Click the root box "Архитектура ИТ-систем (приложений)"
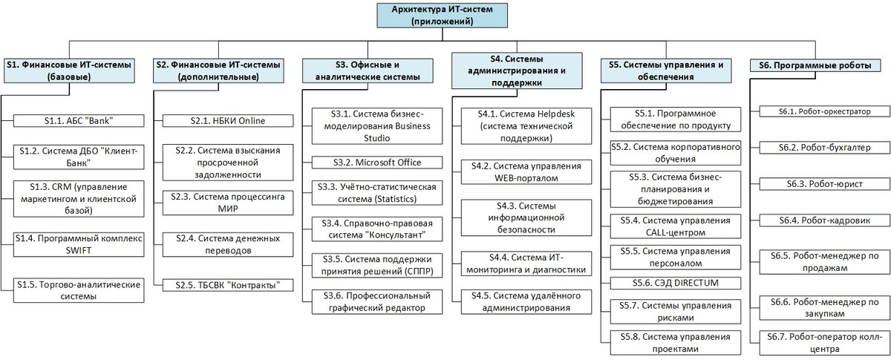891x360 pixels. click(442, 16)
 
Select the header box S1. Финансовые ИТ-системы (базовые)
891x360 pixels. click(69, 71)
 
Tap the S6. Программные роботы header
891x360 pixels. click(815, 65)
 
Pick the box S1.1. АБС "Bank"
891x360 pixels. click(79, 121)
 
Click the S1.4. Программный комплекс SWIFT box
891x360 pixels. click(79, 244)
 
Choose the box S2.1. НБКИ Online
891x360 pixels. click(228, 121)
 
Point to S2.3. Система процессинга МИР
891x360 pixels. click(228, 203)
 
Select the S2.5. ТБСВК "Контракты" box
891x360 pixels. click(228, 285)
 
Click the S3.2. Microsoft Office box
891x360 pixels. click(377, 163)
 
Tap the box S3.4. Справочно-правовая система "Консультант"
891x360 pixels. click(377, 229)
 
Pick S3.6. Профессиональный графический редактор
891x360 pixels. click(377, 302)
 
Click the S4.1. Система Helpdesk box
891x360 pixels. click(526, 126)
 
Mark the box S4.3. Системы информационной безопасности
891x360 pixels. click(526, 217)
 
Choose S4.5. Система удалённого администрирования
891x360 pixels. click(526, 302)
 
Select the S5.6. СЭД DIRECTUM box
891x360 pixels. click(676, 284)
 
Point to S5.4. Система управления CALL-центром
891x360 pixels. click(676, 226)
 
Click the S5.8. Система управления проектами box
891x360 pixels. click(676, 343)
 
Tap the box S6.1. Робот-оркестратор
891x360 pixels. click(825, 111)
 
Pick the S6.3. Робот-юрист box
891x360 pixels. click(825, 184)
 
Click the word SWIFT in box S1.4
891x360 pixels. click(79, 251)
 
